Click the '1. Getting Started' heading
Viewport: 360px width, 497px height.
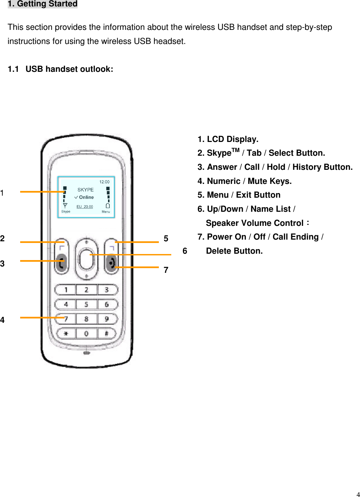point(43,4)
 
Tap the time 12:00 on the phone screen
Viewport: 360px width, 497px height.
point(104,182)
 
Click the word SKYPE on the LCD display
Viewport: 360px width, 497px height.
point(85,190)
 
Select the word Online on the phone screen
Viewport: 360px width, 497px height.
point(86,197)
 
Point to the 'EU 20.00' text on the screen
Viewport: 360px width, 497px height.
point(85,207)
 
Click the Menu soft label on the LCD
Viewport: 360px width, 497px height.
point(106,212)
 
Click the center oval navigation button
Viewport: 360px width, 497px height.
point(86,259)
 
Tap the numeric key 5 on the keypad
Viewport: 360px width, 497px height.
point(86,304)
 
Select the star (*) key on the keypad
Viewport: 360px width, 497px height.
point(66,334)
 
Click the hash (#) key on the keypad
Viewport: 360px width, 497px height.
point(106,334)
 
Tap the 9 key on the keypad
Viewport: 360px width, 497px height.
point(107,319)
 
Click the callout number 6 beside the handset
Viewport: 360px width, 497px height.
point(185,251)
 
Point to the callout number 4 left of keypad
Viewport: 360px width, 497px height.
point(2,320)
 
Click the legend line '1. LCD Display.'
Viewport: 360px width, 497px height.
point(228,139)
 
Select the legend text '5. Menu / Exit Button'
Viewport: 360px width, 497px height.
point(239,195)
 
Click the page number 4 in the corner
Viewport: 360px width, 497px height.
point(358,494)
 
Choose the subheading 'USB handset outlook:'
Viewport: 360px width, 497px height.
point(69,69)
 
